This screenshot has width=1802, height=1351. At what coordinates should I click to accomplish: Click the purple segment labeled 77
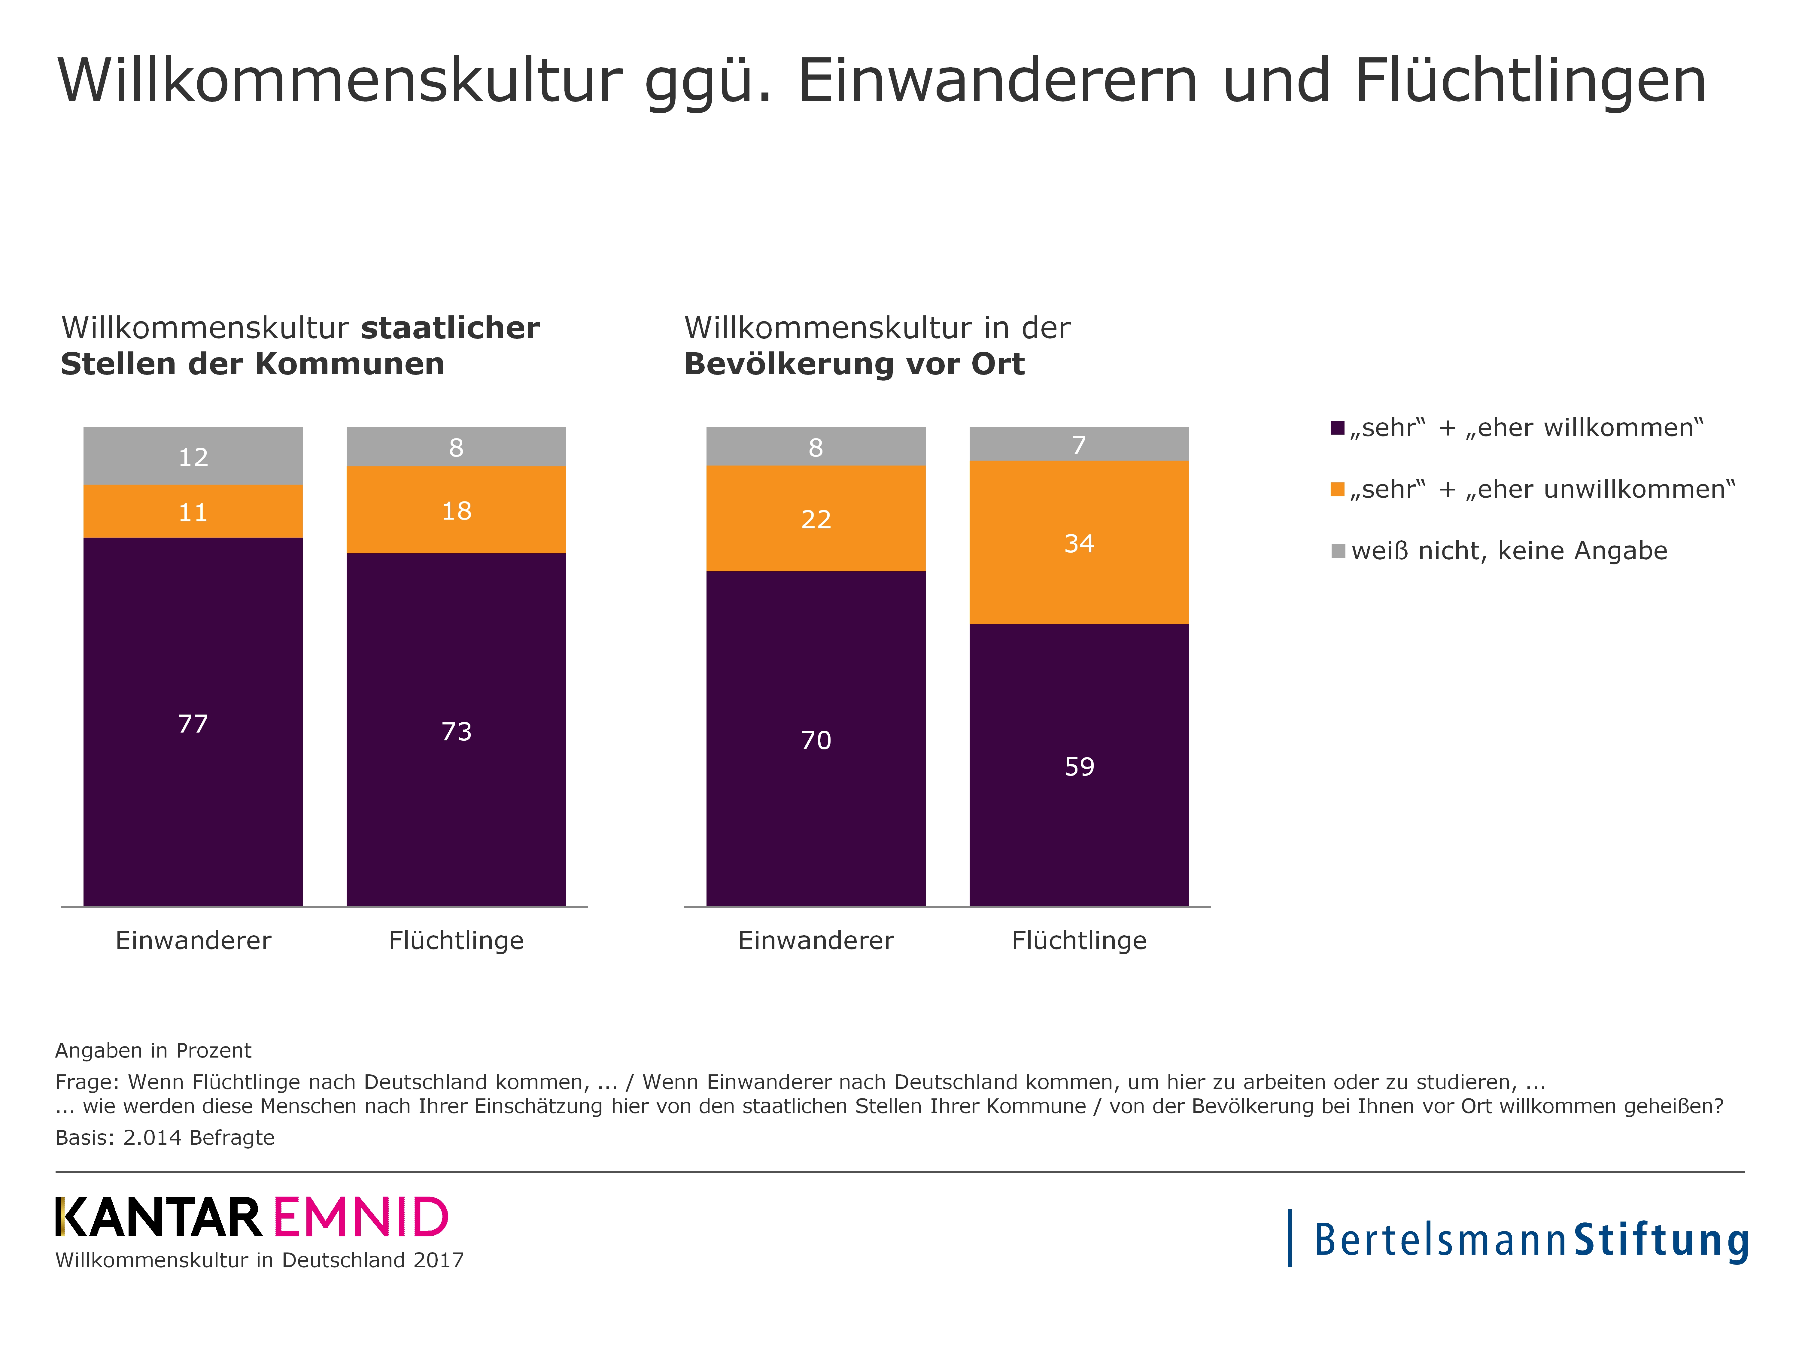(x=193, y=721)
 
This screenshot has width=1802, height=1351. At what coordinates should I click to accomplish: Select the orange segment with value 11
(x=193, y=512)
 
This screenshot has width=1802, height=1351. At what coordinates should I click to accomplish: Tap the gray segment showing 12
(x=193, y=456)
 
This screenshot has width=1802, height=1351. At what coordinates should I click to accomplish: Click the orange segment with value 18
(x=456, y=510)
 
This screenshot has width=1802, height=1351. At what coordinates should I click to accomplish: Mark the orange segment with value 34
(x=1079, y=542)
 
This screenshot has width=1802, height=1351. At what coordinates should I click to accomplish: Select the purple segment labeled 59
(x=1079, y=765)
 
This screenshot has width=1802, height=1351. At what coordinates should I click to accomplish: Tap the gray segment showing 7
(x=1079, y=444)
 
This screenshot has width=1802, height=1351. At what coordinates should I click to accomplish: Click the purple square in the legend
(x=1337, y=427)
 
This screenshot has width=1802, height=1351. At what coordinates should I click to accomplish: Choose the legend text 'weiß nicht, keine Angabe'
(x=1509, y=551)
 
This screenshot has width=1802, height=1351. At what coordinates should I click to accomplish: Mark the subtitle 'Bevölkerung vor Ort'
(x=854, y=364)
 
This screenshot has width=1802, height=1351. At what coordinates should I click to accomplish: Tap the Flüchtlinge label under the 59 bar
(x=1079, y=941)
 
